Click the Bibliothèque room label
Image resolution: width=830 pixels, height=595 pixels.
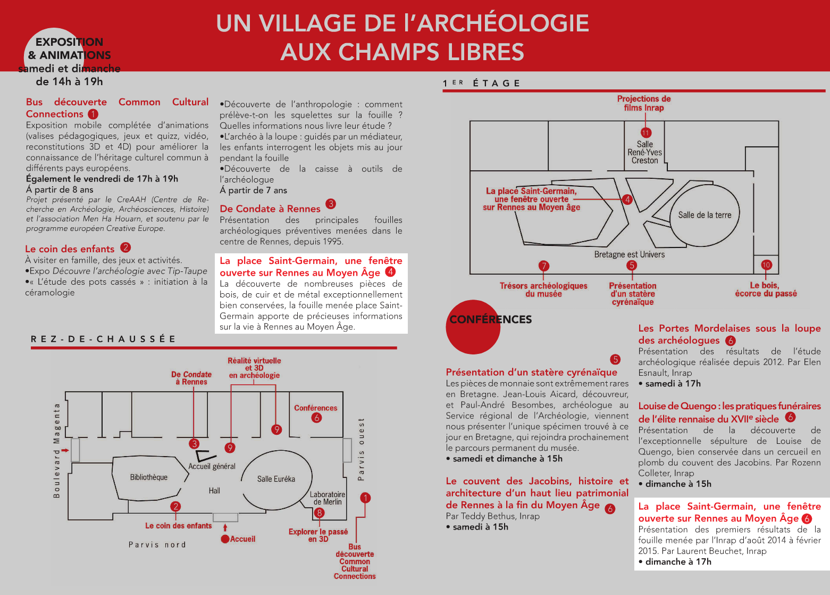pyautogui.click(x=148, y=477)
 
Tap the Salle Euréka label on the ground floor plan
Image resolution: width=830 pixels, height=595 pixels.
pyautogui.click(x=276, y=479)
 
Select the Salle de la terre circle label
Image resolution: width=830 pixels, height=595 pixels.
pyautogui.click(x=705, y=215)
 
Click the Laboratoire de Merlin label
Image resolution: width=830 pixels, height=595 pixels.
pyautogui.click(x=328, y=498)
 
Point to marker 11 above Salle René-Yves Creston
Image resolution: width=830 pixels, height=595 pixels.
pyautogui.click(x=646, y=133)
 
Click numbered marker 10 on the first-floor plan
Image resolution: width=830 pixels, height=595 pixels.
pyautogui.click(x=766, y=265)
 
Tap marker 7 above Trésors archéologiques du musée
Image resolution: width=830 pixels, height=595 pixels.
pyautogui.click(x=543, y=266)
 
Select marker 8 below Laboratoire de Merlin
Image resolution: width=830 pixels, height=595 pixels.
pyautogui.click(x=319, y=513)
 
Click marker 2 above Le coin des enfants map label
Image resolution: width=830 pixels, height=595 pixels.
pyautogui.click(x=175, y=506)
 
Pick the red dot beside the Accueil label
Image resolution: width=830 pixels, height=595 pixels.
pyautogui.click(x=225, y=539)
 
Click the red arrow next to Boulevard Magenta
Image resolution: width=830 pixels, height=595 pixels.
pyautogui.click(x=65, y=450)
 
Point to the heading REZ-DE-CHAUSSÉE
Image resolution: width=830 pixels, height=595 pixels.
pyautogui.click(x=103, y=339)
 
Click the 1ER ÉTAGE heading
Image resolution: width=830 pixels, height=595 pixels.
pyautogui.click(x=481, y=83)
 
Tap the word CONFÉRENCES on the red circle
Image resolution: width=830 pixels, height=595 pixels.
pyautogui.click(x=491, y=319)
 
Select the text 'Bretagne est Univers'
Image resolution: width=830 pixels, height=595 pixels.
pyautogui.click(x=630, y=254)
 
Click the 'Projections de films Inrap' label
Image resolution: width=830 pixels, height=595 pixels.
pyautogui.click(x=644, y=103)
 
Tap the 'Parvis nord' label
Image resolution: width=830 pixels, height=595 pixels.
pyautogui.click(x=157, y=544)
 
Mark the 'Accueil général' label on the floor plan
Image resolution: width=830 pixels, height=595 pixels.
pyautogui.click(x=212, y=466)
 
